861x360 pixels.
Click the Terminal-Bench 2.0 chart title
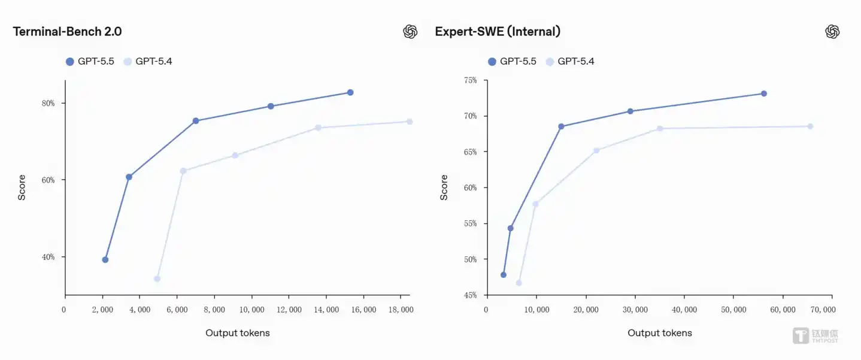(67, 32)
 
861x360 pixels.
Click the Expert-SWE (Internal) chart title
(498, 32)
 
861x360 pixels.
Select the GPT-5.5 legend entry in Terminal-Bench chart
(90, 61)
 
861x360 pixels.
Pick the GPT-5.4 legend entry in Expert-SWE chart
(570, 61)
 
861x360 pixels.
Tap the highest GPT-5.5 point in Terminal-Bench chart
(350, 92)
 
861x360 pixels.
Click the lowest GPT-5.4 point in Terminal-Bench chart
(157, 279)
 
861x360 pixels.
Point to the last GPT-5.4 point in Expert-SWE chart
(810, 126)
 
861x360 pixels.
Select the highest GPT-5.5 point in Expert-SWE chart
(764, 93)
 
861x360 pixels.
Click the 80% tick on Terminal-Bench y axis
(48, 103)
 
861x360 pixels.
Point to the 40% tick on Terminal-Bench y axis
(48, 257)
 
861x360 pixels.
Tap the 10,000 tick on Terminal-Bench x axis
(251, 310)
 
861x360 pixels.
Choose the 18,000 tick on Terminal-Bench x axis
(401, 310)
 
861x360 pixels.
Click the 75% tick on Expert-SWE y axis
(470, 80)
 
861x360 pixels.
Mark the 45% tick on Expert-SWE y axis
(470, 295)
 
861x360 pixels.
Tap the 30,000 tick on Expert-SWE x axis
(635, 310)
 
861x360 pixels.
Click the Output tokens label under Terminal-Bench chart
(238, 333)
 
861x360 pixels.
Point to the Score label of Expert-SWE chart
(444, 187)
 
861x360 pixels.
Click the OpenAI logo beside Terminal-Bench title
(410, 32)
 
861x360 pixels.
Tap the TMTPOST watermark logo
(815, 336)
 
